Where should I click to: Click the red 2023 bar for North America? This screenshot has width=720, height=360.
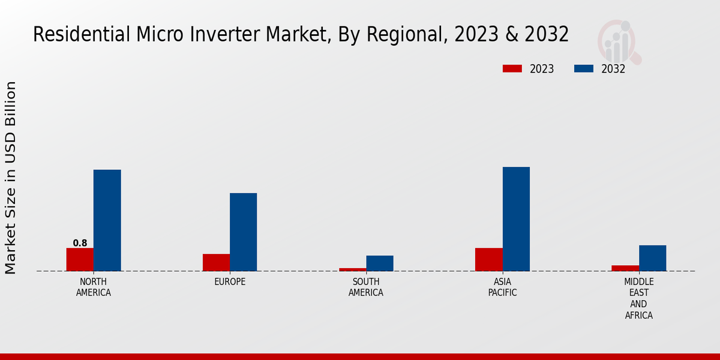[x=80, y=259]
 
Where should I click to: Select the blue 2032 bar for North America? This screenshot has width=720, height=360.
[x=107, y=220]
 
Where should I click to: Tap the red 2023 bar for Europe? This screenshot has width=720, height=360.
[x=216, y=262]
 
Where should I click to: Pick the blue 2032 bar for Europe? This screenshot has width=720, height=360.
[x=243, y=232]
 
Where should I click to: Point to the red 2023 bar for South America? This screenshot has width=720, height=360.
[x=352, y=269]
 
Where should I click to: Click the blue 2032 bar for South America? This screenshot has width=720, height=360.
[x=380, y=263]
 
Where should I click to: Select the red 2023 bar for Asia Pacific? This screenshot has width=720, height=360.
[x=488, y=259]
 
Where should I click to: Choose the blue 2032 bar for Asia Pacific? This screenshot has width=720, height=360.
[x=516, y=219]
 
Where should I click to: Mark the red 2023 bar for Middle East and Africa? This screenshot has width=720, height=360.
[x=625, y=268]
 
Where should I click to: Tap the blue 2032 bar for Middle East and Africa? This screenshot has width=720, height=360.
[x=652, y=258]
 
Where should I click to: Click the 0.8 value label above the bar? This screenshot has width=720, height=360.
[x=80, y=243]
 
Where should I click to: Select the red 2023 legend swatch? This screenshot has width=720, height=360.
[x=512, y=68]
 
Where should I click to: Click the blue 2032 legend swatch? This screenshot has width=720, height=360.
[x=584, y=68]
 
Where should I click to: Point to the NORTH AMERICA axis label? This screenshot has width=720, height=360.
[x=93, y=287]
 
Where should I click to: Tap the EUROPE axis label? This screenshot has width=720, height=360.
[x=230, y=282]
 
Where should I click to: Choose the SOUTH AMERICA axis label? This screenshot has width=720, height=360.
[x=366, y=287]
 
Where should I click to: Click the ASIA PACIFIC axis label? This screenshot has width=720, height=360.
[x=502, y=287]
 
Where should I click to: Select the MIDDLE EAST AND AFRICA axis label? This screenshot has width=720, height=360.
[x=638, y=298]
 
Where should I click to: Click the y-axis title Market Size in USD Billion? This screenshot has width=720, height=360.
[x=11, y=178]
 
